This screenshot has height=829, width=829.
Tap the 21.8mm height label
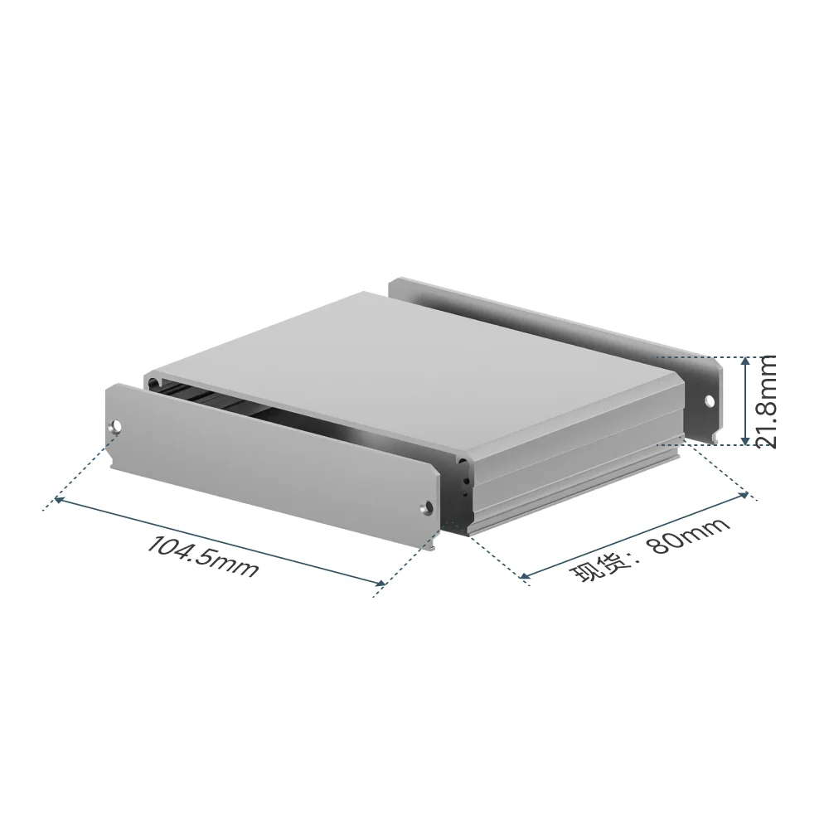pyautogui.click(x=764, y=402)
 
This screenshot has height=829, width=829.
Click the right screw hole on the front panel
pyautogui.click(x=426, y=507)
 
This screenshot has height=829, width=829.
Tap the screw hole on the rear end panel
pyautogui.click(x=710, y=400)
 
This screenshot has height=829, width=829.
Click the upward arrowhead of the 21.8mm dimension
pyautogui.click(x=745, y=361)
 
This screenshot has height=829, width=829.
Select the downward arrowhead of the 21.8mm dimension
pyautogui.click(x=745, y=439)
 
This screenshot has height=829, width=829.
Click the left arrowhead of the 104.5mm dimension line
pyautogui.click(x=59, y=500)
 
